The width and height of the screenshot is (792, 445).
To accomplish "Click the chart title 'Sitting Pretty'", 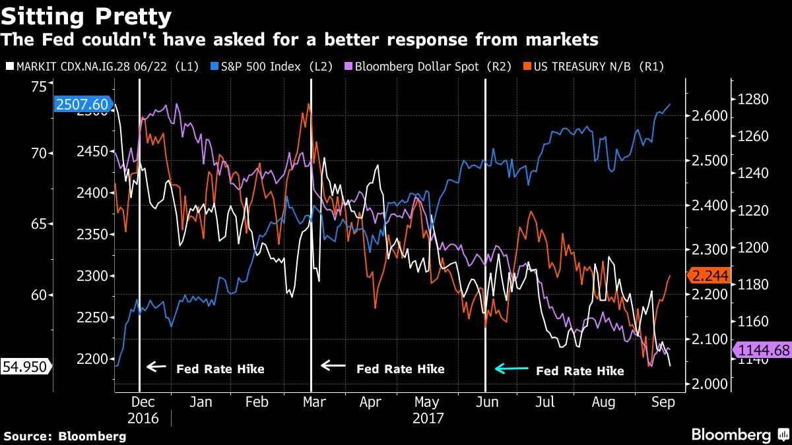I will [x=86, y=16].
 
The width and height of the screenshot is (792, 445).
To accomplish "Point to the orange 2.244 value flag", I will [x=708, y=276].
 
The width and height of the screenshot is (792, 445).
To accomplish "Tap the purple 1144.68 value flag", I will [x=764, y=350].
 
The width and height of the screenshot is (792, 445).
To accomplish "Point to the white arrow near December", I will [x=156, y=367].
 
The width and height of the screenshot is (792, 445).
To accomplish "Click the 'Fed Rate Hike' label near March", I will [x=400, y=369].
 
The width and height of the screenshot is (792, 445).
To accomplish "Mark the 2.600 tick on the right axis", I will [x=707, y=116].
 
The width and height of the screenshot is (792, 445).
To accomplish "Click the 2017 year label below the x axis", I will [x=428, y=418].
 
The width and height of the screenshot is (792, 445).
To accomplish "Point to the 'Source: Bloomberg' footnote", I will [x=65, y=436].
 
